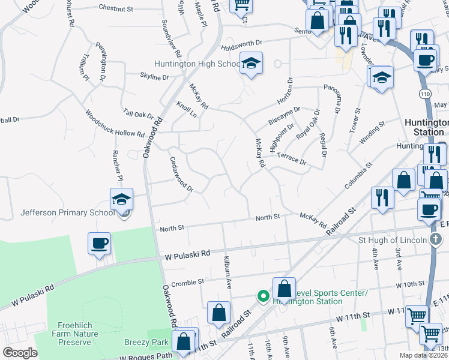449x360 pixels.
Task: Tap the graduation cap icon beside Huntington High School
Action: coord(252,63)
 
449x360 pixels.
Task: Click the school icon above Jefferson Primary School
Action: coord(121,199)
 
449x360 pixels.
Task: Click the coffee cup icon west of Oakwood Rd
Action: coord(99,244)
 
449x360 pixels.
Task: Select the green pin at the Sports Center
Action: coord(262,295)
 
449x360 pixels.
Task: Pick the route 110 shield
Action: coord(424,94)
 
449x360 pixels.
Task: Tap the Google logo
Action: coord(20,353)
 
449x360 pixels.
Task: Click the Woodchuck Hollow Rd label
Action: coord(115,123)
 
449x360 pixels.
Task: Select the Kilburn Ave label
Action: coord(227,271)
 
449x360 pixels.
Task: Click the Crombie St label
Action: coord(187,281)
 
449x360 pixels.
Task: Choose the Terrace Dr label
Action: coord(295,159)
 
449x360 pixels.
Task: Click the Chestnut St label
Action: coord(116,8)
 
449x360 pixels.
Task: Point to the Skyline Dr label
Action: coord(154,77)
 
